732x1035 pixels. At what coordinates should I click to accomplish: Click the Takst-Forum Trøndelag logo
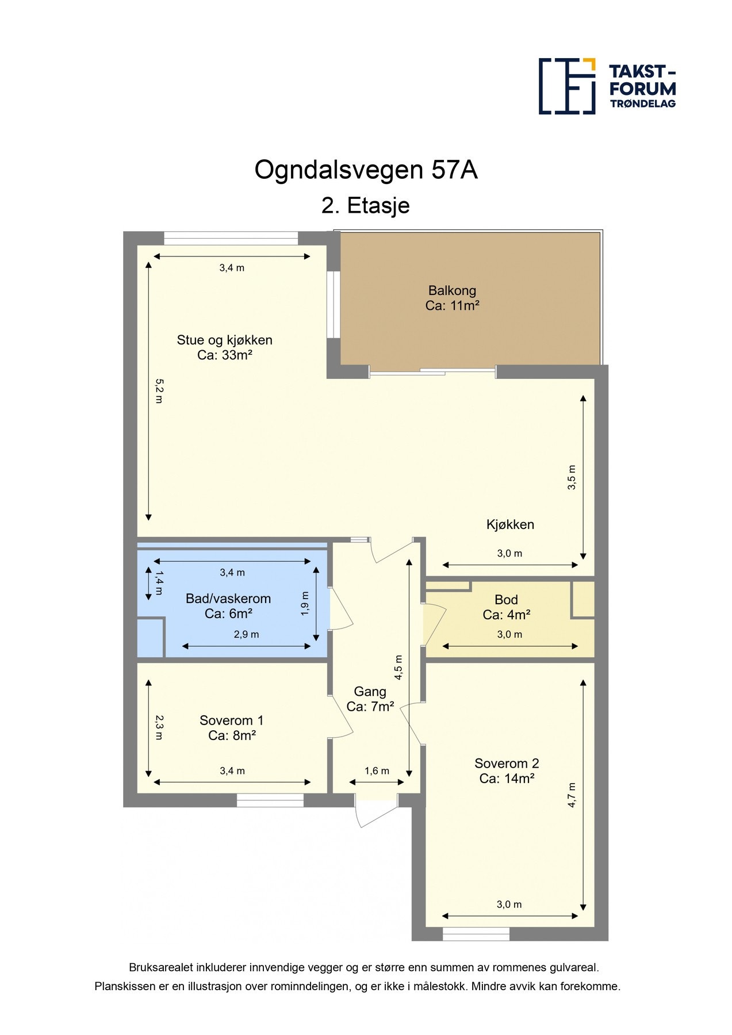(607, 86)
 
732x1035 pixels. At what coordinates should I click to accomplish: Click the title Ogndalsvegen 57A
(366, 170)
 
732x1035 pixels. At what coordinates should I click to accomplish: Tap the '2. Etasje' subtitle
(366, 205)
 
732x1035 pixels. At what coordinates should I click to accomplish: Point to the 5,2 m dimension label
(159, 390)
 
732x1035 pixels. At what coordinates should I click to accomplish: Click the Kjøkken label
(510, 524)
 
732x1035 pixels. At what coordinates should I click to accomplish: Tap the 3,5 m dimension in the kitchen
(571, 477)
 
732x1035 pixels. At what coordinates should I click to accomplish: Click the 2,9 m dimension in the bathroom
(246, 635)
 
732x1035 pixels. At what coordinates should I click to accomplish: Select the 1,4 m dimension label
(159, 582)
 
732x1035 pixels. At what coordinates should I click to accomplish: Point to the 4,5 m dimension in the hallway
(398, 668)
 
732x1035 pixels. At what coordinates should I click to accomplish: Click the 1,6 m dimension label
(377, 771)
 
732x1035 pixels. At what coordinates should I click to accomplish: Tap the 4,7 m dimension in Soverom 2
(572, 795)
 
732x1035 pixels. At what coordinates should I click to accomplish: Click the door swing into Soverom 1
(342, 719)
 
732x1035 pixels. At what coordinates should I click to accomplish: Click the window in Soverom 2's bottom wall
(476, 934)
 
